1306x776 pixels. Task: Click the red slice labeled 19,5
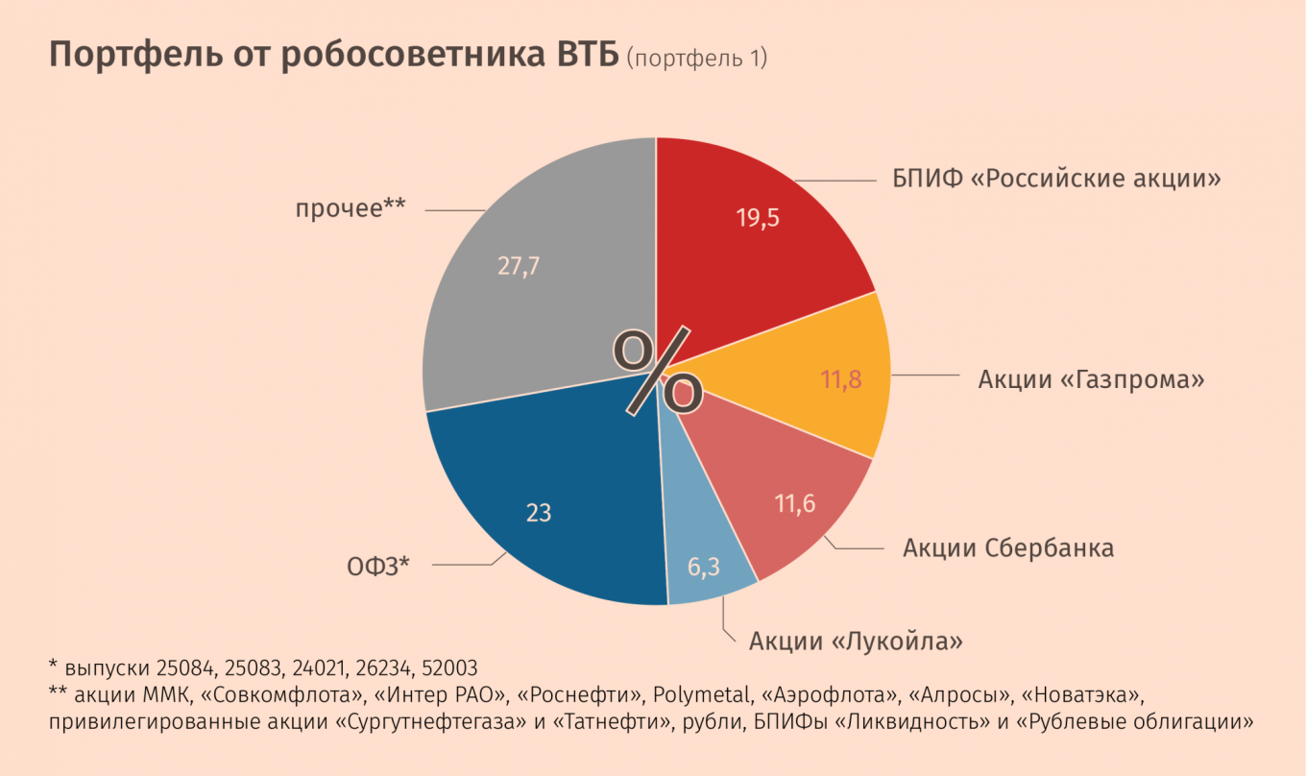coord(759,240)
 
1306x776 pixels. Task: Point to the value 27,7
coord(519,266)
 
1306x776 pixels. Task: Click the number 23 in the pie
coord(539,513)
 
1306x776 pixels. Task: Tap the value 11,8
coord(841,379)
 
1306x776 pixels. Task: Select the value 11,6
coord(795,502)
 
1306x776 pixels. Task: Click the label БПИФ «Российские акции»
coord(1051,179)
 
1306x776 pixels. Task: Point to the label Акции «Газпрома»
coord(1091,379)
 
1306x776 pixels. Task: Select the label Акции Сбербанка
coord(1008,548)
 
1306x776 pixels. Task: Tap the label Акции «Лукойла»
coord(856,640)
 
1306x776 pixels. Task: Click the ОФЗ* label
coord(378,566)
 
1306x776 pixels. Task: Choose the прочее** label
coord(351,207)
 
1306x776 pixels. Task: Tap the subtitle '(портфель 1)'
coord(696,59)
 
